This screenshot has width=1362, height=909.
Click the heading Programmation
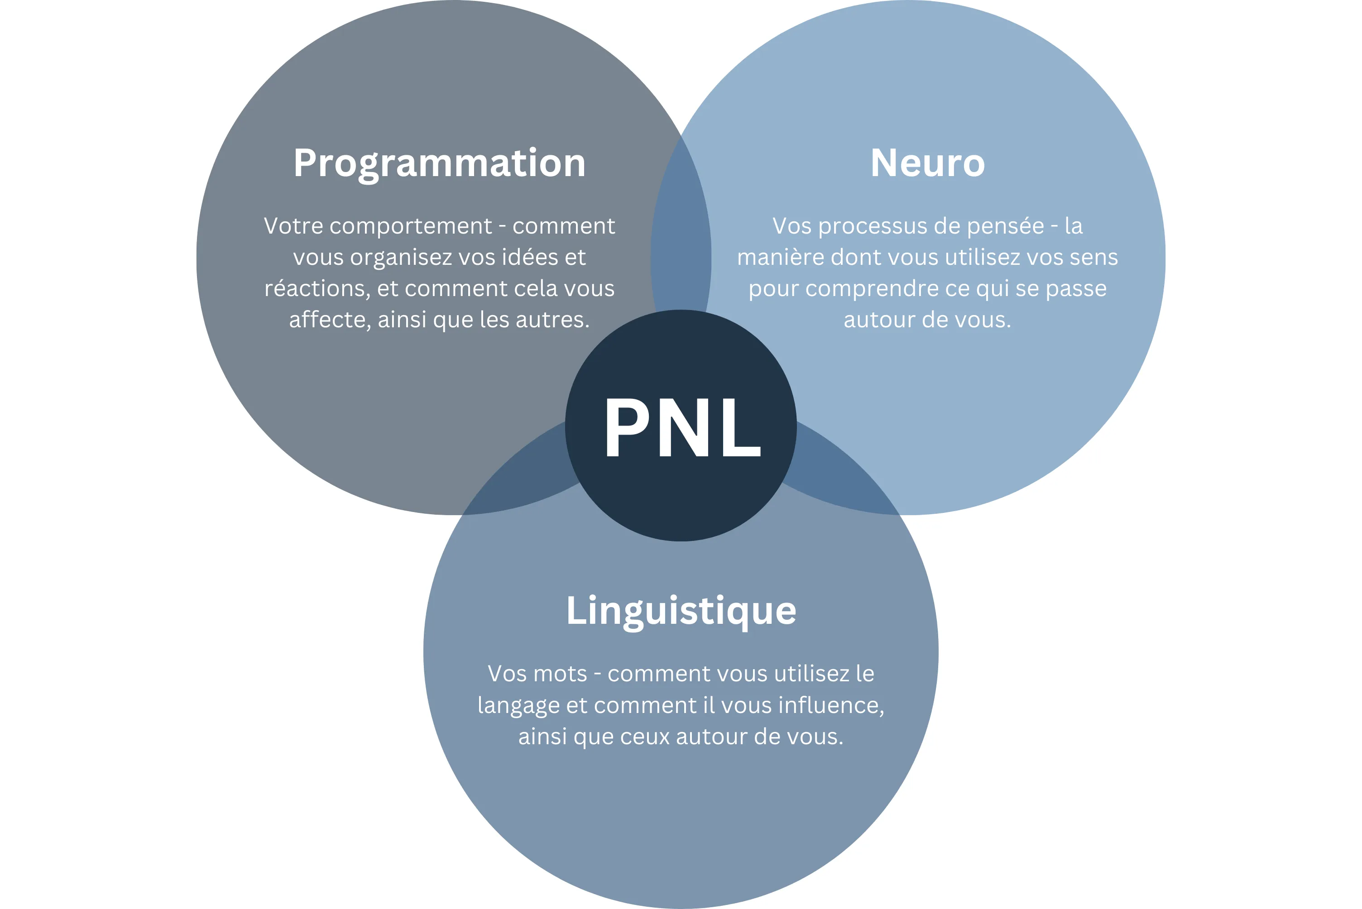[440, 163]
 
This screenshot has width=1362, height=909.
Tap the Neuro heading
[927, 163]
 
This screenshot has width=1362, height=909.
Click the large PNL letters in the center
[681, 428]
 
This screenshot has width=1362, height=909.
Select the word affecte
[330, 320]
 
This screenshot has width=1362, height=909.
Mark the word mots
[559, 674]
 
